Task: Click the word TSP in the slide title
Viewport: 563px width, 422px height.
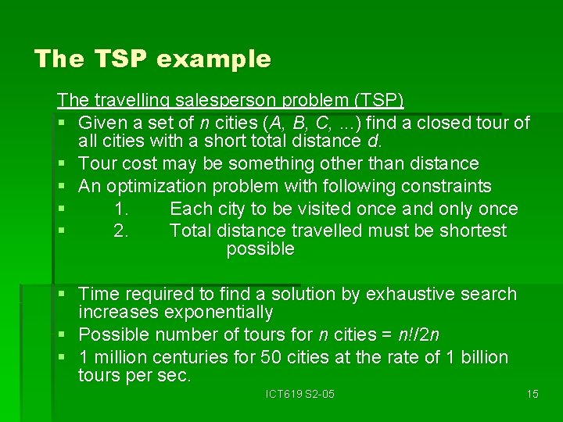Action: (x=114, y=59)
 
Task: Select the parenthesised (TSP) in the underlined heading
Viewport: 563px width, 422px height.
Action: (x=379, y=101)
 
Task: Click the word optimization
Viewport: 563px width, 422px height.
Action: (x=152, y=186)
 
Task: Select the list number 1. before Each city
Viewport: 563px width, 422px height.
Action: (x=121, y=209)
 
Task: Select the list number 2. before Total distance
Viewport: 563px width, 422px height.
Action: (x=121, y=231)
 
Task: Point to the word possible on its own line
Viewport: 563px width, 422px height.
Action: (x=260, y=249)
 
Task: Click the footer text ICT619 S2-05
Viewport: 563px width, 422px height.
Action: (x=299, y=394)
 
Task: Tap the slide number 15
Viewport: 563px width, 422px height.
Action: (x=533, y=394)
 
